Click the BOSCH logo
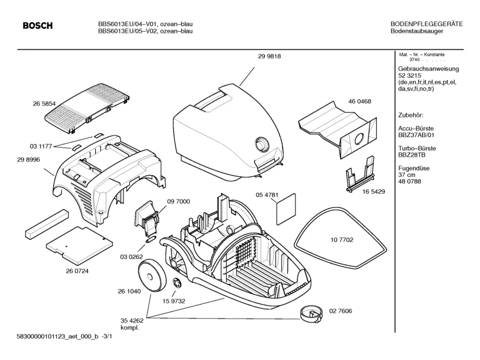tap(37, 26)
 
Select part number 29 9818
tap(269, 56)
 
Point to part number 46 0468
tap(359, 101)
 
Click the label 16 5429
tap(373, 192)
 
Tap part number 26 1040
tap(130, 291)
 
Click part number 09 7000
tap(179, 201)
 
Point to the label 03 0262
tap(131, 256)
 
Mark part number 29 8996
tap(29, 160)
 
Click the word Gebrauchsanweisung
tap(428, 69)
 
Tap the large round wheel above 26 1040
tap(151, 274)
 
